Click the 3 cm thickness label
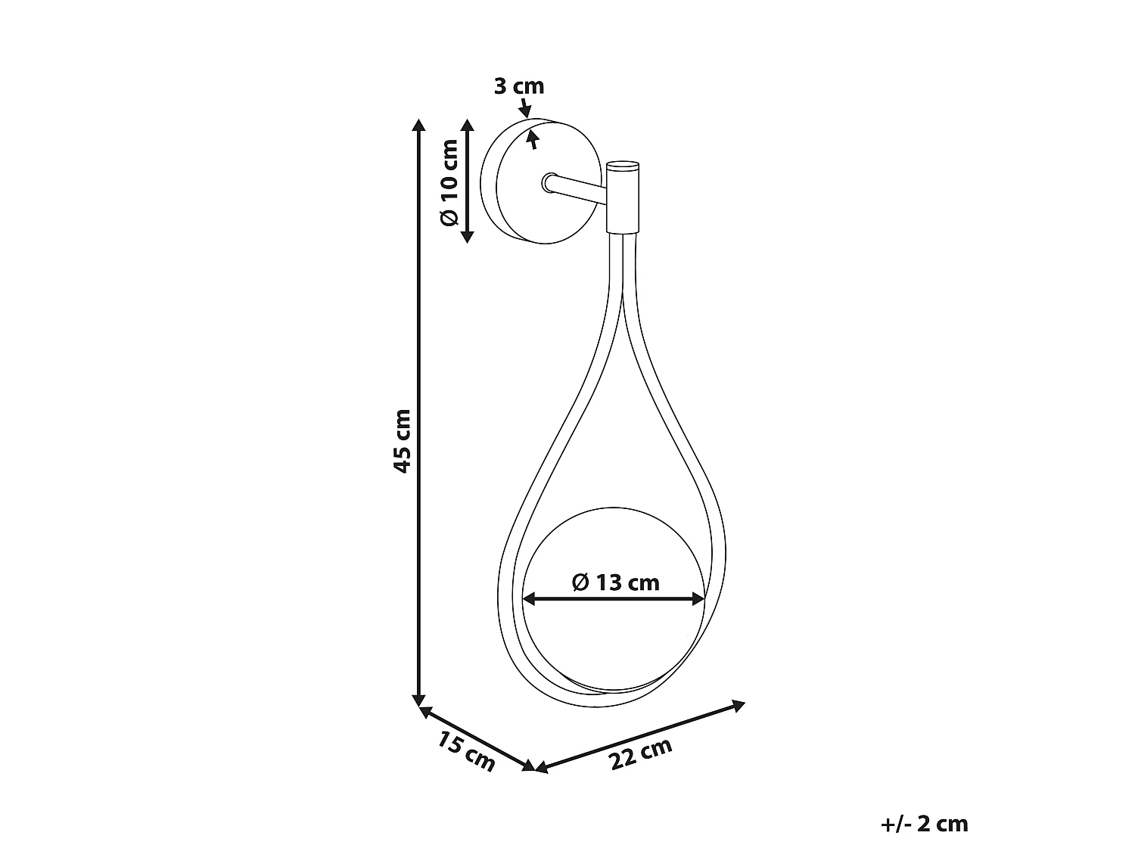coord(518,86)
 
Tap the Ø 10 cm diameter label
coord(449,182)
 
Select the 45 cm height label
coord(402,441)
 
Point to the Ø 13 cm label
coord(615,582)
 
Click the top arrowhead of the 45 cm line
coord(418,125)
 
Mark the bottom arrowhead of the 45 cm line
coord(418,700)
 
